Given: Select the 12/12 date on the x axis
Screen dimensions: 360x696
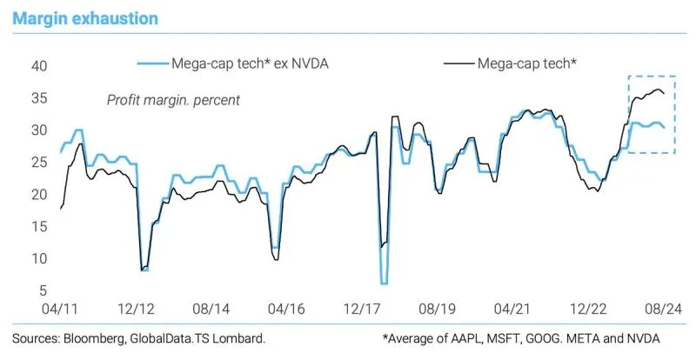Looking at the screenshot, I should pyautogui.click(x=143, y=308).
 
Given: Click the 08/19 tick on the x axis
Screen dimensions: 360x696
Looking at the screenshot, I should pyautogui.click(x=434, y=308).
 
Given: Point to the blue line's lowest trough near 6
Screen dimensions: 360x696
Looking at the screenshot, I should pyautogui.click(x=384, y=283).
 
